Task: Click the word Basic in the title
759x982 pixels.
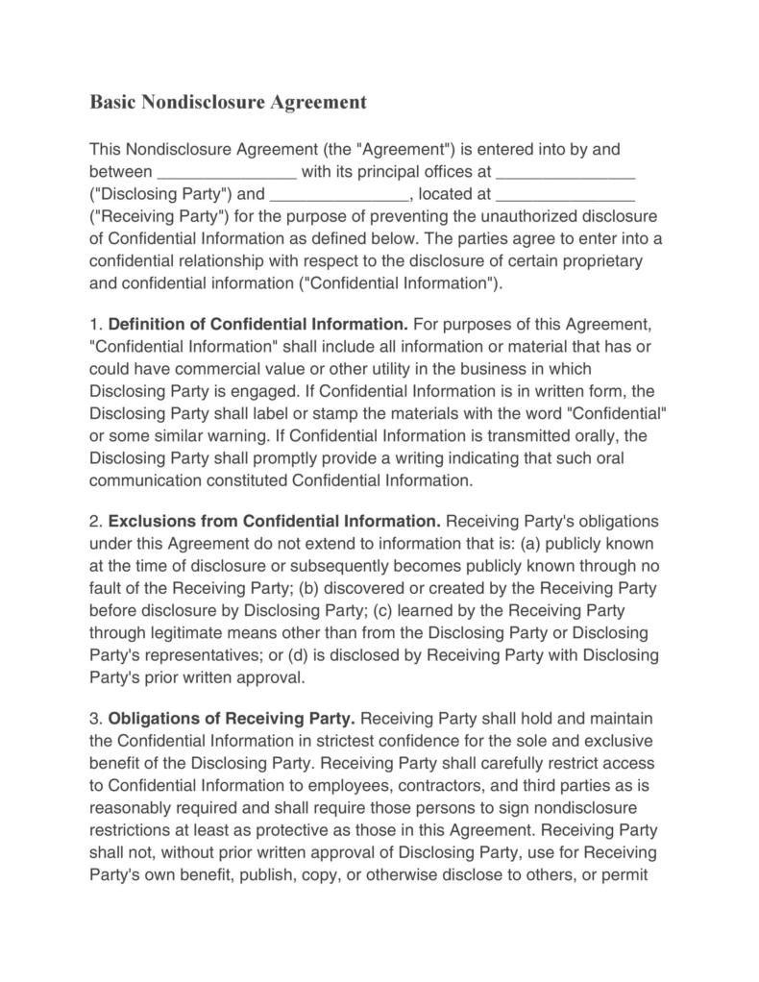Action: tap(112, 101)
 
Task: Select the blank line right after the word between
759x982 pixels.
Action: tap(227, 173)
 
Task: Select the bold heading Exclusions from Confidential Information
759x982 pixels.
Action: tap(275, 522)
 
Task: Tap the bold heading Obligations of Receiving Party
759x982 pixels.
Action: tap(232, 719)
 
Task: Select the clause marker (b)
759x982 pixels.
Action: tap(313, 588)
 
